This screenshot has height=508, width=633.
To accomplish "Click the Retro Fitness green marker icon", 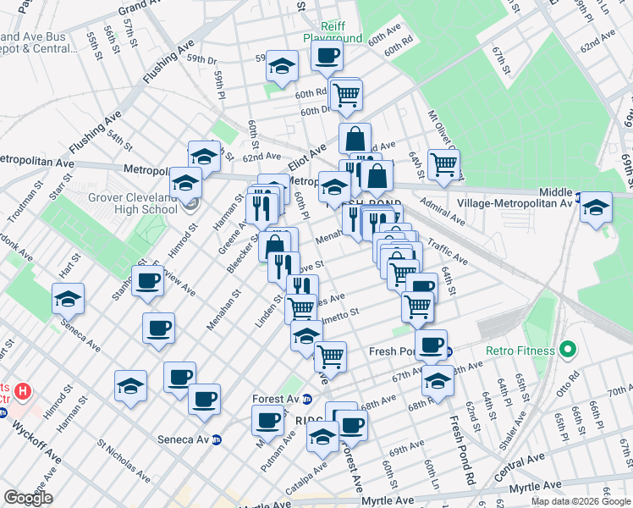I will pos(567,350).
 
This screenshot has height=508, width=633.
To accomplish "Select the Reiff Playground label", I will pos(333,33).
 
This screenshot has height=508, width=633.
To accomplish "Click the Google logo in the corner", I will pos(28,498).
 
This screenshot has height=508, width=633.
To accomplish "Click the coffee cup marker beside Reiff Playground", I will pos(326,57).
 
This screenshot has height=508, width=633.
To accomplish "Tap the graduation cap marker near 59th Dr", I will pos(282,66).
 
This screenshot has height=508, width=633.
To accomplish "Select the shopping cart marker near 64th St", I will pos(443,163).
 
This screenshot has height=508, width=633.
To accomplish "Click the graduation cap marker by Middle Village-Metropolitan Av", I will pos(596,207).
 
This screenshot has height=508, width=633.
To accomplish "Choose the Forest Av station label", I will pos(277,398).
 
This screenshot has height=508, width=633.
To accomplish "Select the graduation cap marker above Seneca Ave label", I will pos(68,298).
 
